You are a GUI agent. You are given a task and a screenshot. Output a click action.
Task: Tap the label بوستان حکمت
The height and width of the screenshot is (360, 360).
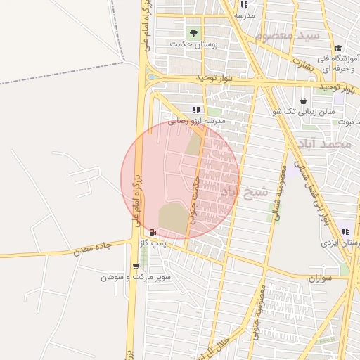[194, 44]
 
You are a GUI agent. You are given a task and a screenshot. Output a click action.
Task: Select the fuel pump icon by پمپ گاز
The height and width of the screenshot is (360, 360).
[153, 232]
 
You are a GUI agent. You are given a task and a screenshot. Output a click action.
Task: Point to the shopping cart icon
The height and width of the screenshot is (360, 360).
[135, 266]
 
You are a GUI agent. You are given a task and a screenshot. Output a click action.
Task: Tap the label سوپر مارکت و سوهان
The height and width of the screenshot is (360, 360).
[136, 278]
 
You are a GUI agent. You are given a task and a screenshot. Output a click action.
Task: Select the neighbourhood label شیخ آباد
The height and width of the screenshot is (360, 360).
[245, 191]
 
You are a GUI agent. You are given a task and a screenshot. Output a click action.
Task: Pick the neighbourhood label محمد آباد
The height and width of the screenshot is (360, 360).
[324, 143]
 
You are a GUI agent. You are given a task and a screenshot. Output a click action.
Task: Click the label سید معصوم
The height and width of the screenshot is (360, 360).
[288, 35]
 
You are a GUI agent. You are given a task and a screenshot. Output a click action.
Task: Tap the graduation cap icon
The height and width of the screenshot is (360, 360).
[338, 49]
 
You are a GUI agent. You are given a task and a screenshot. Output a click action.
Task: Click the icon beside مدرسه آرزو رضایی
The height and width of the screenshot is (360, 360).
[196, 110]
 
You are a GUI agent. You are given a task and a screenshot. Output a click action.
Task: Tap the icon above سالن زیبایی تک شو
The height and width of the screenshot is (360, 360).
[303, 101]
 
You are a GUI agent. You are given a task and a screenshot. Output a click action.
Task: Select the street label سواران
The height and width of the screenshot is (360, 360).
[320, 279]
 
